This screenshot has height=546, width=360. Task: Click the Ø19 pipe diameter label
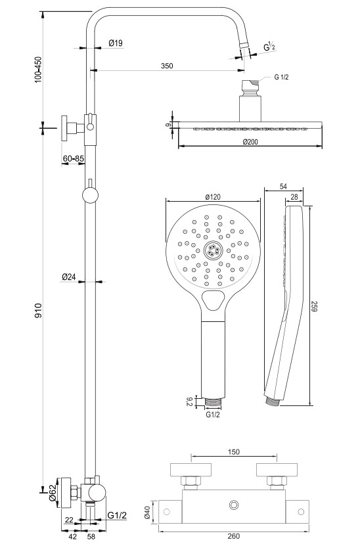[x=115, y=43]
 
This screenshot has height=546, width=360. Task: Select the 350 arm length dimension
[x=167, y=66]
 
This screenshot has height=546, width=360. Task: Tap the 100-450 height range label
[x=38, y=70]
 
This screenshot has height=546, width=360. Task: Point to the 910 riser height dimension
[x=38, y=310]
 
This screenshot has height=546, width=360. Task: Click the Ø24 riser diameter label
[x=69, y=277]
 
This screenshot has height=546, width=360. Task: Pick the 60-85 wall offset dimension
[x=74, y=159]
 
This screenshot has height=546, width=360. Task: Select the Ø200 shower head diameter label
[x=250, y=142]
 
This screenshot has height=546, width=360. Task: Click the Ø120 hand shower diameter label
[x=213, y=196]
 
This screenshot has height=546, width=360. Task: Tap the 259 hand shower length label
[x=314, y=306]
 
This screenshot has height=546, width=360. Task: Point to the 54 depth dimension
[x=283, y=187]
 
